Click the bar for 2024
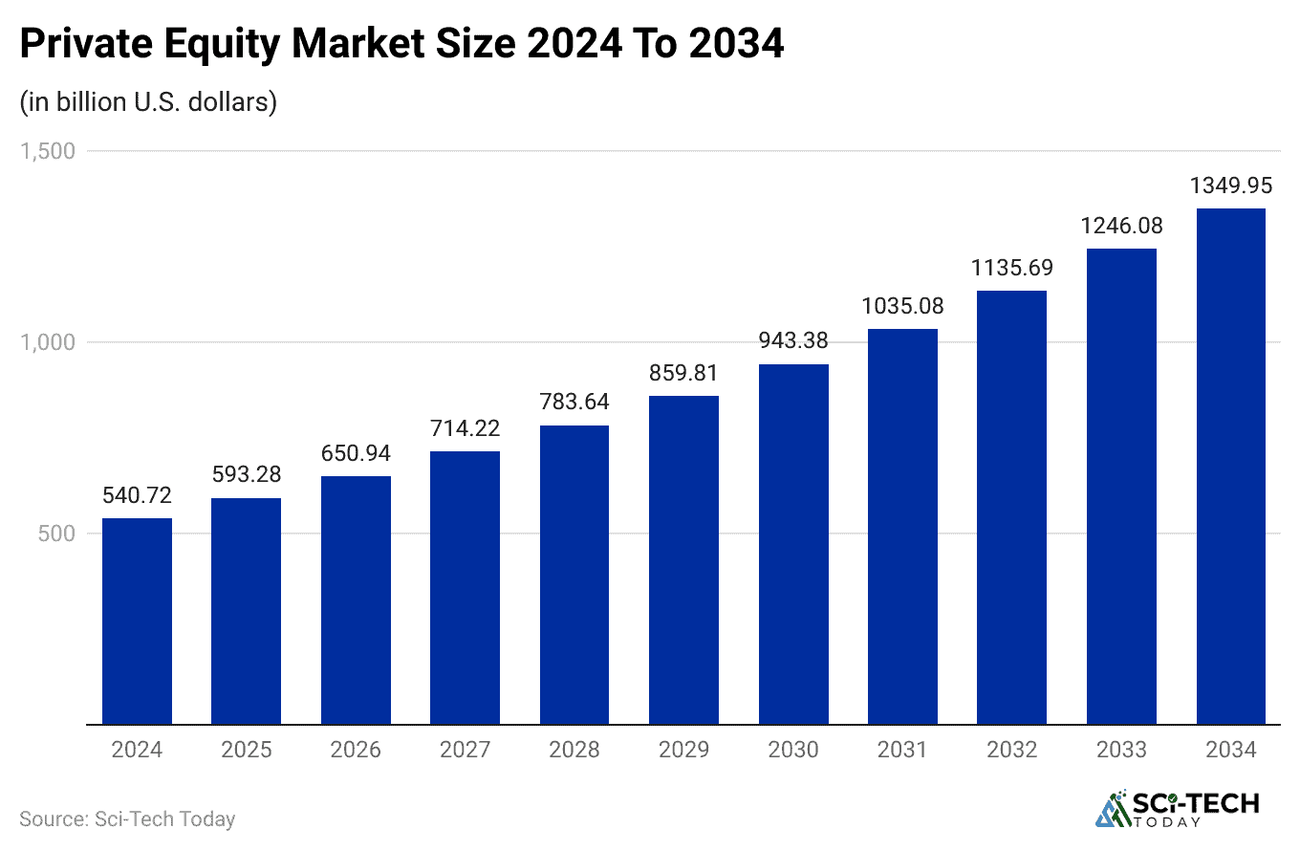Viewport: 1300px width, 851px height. (137, 621)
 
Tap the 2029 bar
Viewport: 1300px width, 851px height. (683, 559)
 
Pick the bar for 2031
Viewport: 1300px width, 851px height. (902, 526)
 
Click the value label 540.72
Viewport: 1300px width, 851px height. (137, 495)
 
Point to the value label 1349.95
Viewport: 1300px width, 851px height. (1231, 185)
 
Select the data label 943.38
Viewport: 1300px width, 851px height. (793, 340)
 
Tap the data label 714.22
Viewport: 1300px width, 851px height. (465, 428)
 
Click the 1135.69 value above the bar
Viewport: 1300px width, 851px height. (1012, 268)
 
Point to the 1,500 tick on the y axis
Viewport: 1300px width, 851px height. (49, 151)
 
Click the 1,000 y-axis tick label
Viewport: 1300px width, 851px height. (49, 342)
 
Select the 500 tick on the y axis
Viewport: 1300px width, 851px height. (56, 534)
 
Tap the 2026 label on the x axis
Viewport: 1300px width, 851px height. (356, 750)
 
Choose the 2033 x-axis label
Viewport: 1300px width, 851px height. (1121, 750)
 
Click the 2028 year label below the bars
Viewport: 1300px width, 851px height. (574, 750)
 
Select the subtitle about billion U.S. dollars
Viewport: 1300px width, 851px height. (148, 101)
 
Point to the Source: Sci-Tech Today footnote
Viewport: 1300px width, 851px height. (127, 819)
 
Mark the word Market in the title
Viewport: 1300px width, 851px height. (379, 45)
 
